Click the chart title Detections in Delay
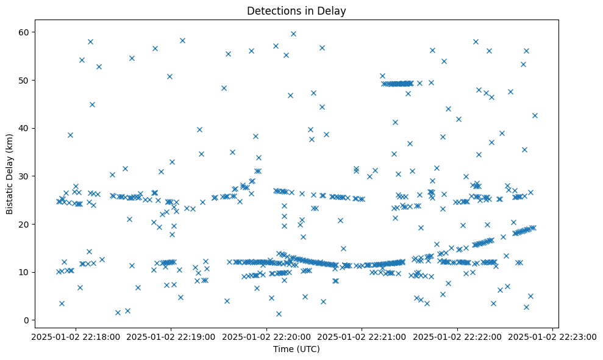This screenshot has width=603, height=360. pyautogui.click(x=296, y=11)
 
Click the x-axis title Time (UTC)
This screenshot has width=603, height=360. pyautogui.click(x=296, y=350)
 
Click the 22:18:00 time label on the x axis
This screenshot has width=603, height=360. pyautogui.click(x=74, y=336)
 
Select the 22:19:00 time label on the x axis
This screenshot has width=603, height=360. pyautogui.click(x=170, y=336)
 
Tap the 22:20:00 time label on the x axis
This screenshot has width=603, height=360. pyautogui.click(x=266, y=336)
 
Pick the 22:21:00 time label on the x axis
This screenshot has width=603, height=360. pyautogui.click(x=362, y=336)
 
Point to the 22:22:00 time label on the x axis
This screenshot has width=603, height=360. pyautogui.click(x=457, y=336)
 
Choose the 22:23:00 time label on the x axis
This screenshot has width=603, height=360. pyautogui.click(x=552, y=336)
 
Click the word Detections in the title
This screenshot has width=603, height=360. pyautogui.click(x=271, y=11)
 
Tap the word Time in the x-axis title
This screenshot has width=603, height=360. pyautogui.click(x=282, y=350)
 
